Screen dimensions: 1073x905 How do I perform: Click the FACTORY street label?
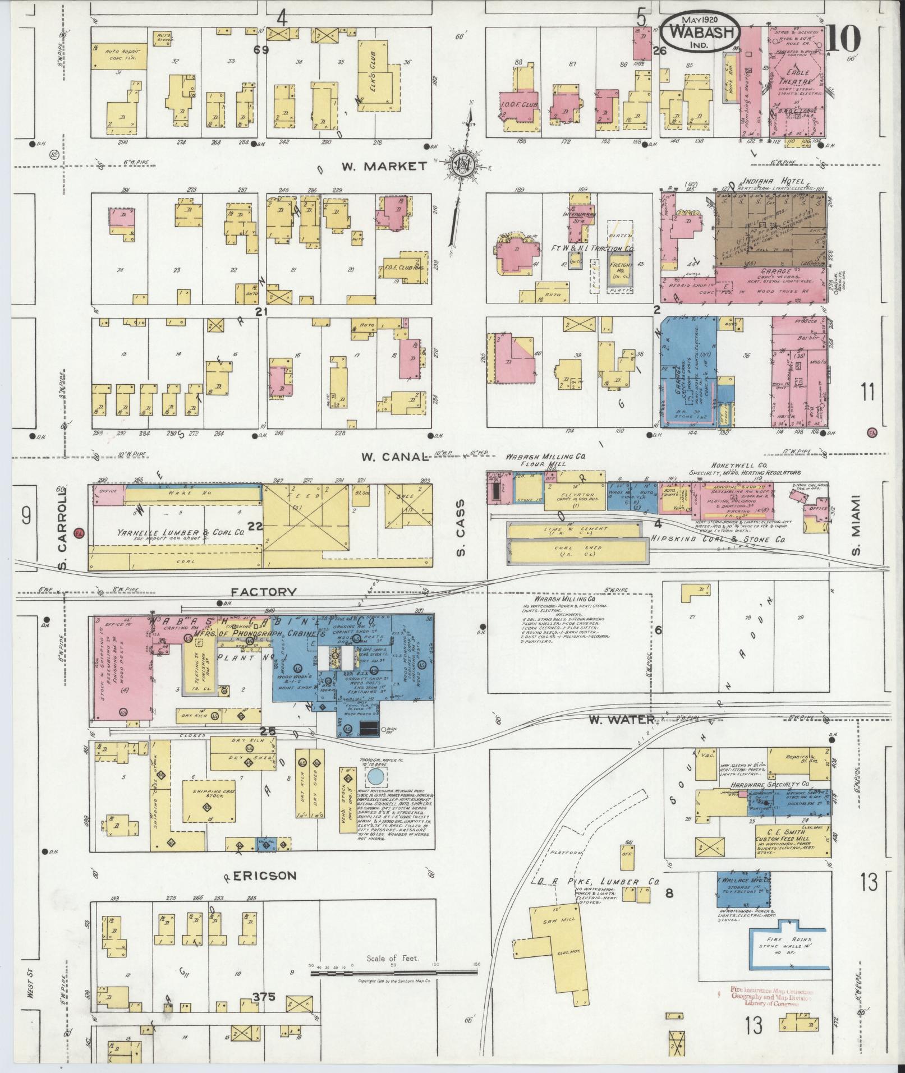click(264, 591)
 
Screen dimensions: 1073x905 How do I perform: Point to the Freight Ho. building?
click(621, 268)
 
